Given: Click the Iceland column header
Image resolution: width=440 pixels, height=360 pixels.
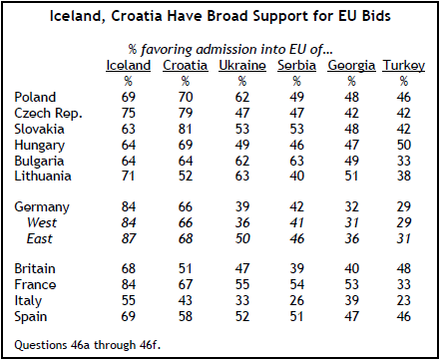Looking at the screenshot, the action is point(129,65).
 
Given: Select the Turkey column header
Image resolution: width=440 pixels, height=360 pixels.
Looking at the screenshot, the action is point(404,66).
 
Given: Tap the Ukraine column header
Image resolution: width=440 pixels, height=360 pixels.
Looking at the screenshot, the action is point(242,65).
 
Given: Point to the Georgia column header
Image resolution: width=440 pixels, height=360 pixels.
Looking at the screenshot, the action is point(351,66).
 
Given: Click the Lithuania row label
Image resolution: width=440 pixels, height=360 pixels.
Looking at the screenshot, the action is point(43,176).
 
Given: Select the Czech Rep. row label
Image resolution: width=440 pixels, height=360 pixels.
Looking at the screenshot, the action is point(48,114).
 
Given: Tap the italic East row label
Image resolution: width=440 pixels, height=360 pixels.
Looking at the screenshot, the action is point(40,238).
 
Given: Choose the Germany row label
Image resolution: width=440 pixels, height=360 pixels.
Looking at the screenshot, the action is point(42,207).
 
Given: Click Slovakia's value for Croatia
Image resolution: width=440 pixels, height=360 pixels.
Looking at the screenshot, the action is point(186,129).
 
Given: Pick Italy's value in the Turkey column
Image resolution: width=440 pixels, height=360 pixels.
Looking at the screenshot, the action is point(404,300).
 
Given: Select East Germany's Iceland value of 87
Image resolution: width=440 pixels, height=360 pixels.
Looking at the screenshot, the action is point(129,238).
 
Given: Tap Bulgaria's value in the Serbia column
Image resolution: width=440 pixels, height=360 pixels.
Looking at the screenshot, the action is point(296,161).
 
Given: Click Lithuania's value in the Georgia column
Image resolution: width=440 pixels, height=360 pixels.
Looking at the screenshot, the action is point(351,176).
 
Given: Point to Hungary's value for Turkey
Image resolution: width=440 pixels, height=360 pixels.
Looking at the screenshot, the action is point(404,145).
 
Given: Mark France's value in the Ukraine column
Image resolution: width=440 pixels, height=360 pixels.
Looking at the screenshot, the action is point(242,284).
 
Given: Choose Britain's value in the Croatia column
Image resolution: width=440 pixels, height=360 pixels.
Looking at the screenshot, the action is point(186,268).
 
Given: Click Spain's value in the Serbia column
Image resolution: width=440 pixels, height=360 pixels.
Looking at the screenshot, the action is point(296,316).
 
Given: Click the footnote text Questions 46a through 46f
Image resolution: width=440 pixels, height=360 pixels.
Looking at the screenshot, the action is point(88,345).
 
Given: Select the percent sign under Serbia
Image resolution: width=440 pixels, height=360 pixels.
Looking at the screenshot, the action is point(296,81).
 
